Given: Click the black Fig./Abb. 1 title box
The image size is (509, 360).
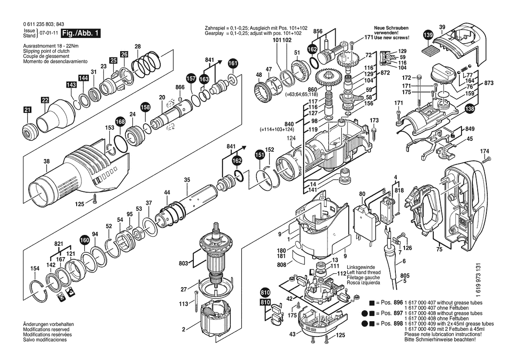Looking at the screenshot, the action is (x=81, y=33).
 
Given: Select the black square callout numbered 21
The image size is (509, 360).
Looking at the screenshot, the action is (x=27, y=110).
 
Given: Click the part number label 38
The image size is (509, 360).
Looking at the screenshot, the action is (x=47, y=161).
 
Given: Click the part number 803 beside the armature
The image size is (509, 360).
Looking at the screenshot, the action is (x=183, y=263).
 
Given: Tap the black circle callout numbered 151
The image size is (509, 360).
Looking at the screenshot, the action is (x=260, y=155).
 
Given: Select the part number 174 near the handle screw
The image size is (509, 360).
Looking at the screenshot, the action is (x=484, y=151).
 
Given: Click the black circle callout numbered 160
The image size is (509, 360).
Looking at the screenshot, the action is (x=84, y=241).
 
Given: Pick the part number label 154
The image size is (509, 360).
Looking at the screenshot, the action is (x=35, y=268).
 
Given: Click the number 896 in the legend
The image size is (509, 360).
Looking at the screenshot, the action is (x=398, y=302).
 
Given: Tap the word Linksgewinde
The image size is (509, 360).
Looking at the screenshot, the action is (x=361, y=268).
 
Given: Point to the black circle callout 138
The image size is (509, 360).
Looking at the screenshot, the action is (x=470, y=109).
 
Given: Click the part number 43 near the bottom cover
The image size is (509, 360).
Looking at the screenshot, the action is (x=293, y=334).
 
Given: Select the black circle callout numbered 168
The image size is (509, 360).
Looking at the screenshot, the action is (x=120, y=122).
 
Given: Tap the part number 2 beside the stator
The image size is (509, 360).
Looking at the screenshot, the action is (x=183, y=330).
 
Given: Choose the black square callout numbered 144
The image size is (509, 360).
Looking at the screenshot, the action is (x=84, y=78).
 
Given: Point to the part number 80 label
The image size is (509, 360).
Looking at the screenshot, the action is (x=362, y=194).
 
